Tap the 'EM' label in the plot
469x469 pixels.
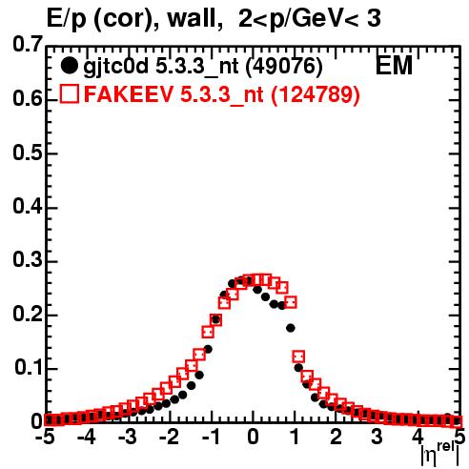point(394,66)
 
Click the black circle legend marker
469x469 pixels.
point(69,66)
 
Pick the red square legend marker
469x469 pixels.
point(69,93)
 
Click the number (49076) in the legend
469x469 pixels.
point(284,66)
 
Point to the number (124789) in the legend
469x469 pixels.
point(316,94)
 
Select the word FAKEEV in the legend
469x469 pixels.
point(129,93)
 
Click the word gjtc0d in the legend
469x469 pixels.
point(115,68)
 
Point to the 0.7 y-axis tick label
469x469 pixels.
point(28,45)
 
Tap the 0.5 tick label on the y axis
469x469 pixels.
point(28,153)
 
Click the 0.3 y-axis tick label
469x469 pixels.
point(28,260)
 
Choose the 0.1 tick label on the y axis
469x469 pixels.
point(29,368)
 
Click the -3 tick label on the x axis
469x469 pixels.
point(128,437)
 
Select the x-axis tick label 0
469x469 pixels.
point(253,437)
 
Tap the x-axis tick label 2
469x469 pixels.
point(336,437)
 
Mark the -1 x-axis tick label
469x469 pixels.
point(211,437)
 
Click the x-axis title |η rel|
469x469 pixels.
point(440,455)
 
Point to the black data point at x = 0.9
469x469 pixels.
point(291,328)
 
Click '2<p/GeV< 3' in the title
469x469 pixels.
point(309,20)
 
